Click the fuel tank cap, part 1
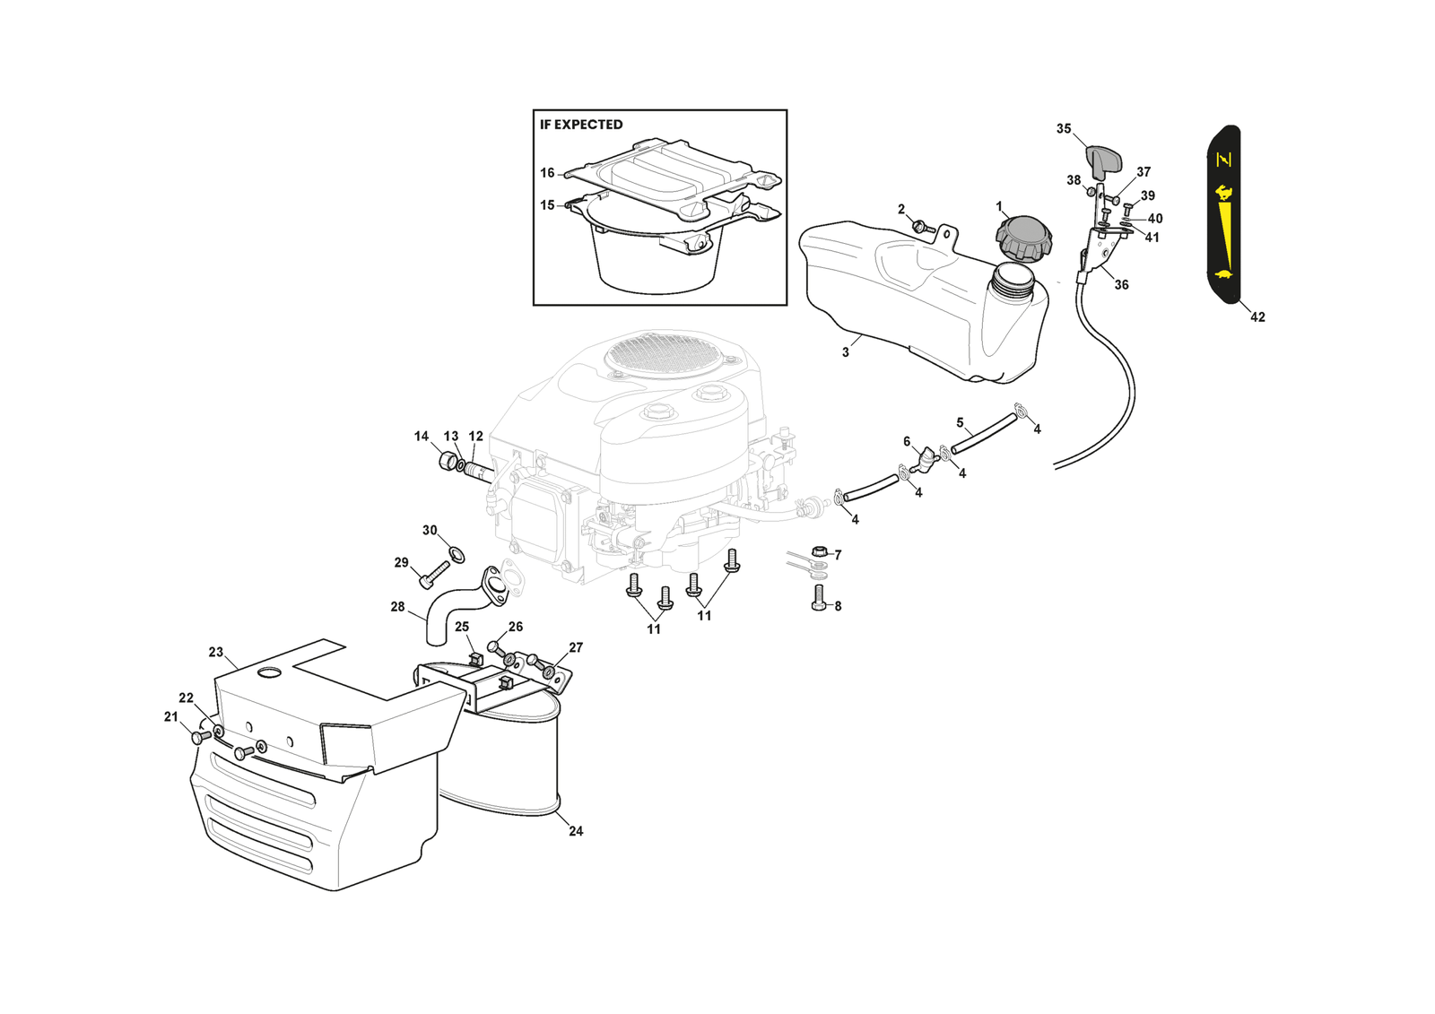pos(1023,238)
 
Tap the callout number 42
pos(1257,317)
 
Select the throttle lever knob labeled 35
pos(1104,161)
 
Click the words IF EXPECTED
pos(581,125)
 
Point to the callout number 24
pos(576,831)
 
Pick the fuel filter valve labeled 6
pos(923,462)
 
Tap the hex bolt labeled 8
pos(818,599)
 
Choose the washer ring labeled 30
pos(457,554)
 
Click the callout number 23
pos(215,652)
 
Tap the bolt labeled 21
pos(199,737)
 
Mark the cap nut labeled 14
pos(446,461)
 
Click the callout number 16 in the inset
pos(547,173)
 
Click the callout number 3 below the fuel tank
pos(845,352)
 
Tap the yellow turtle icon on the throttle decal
pos(1222,274)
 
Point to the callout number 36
pos(1121,285)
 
